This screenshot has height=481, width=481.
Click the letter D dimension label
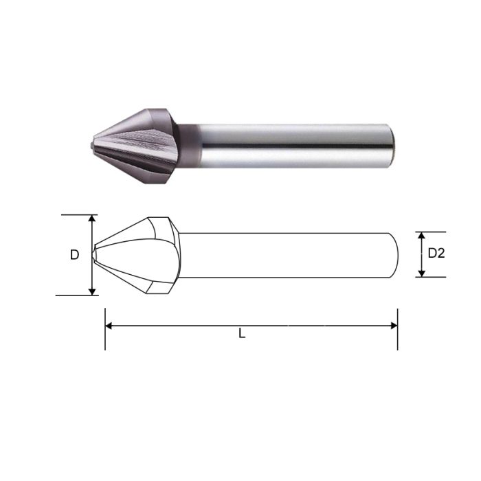74,255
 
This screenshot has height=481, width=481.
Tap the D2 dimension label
436,253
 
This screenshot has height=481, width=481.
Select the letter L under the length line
242,334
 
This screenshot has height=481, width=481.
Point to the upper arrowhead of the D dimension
92,219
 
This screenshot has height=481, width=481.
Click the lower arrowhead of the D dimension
92,291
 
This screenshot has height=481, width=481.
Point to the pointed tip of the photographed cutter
92,145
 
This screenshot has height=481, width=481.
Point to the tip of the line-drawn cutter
94,255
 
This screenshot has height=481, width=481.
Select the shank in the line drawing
289,255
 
